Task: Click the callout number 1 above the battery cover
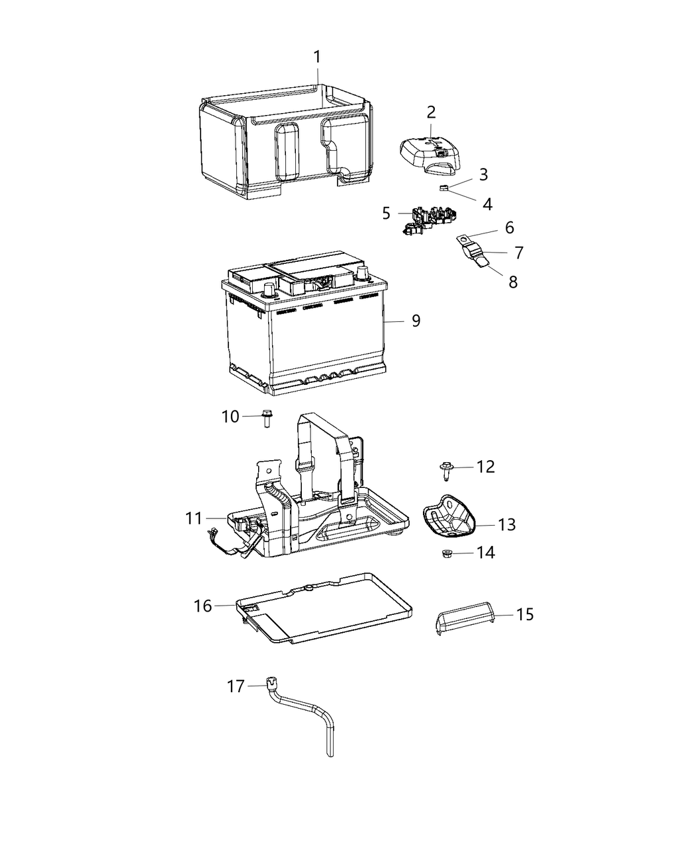[x=317, y=57]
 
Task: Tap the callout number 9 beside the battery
[x=416, y=321]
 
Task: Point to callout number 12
[x=485, y=467]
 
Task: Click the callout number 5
[x=387, y=213]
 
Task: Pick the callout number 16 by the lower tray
[x=203, y=606]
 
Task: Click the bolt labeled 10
[x=265, y=417]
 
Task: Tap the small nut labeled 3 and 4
[x=445, y=188]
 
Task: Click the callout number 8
[x=513, y=282]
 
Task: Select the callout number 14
[x=485, y=552]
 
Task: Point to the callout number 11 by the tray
[x=193, y=518]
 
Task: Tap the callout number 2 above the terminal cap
[x=431, y=112]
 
